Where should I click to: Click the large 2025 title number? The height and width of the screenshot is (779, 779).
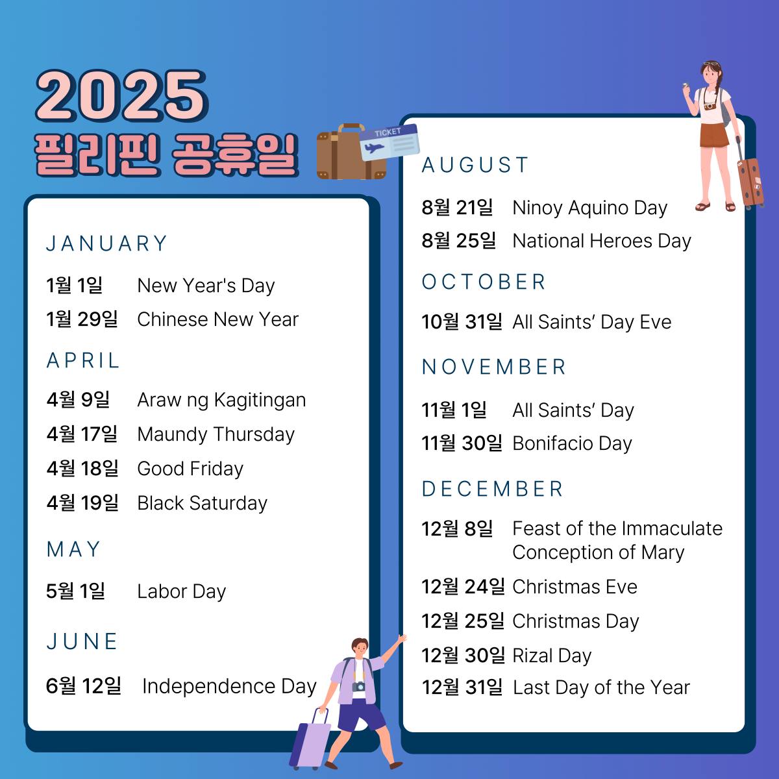click(x=121, y=96)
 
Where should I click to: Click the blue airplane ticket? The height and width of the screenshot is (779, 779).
click(x=389, y=142)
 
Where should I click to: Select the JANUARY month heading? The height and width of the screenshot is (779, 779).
click(x=106, y=243)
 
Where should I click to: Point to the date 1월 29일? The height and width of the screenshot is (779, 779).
click(x=82, y=319)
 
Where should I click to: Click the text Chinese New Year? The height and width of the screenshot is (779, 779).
click(x=218, y=319)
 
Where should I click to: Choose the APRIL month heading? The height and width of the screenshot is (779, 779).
click(x=83, y=360)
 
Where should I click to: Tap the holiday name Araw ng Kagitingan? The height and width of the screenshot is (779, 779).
click(x=221, y=401)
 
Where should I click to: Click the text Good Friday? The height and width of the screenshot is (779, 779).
click(x=190, y=469)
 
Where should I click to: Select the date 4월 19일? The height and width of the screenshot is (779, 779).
click(x=82, y=503)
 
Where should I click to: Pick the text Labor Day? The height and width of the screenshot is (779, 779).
click(x=182, y=591)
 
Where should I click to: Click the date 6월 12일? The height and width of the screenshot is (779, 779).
click(x=84, y=686)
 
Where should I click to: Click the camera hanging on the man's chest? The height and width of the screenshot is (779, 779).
click(x=358, y=686)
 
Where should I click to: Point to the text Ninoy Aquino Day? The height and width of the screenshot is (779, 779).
click(x=590, y=208)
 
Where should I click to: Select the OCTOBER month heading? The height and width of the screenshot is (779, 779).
click(x=484, y=282)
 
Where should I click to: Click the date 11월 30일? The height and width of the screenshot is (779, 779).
click(x=462, y=443)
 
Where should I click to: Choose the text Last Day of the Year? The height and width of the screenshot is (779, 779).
click(x=602, y=687)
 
